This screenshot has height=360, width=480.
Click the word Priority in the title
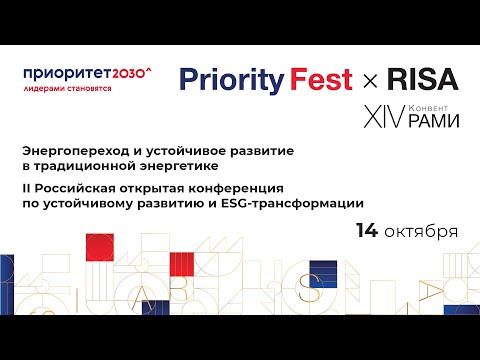pyautogui.click(x=232, y=81)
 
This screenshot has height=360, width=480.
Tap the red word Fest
pyautogui.click(x=321, y=79)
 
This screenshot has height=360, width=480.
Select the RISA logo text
pyautogui.click(x=423, y=79)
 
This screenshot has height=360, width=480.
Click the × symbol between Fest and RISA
pyautogui.click(x=370, y=81)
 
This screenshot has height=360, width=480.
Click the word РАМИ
pyautogui.click(x=434, y=120)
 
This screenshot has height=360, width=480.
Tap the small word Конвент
pyautogui.click(x=428, y=108)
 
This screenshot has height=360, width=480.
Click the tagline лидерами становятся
pyautogui.click(x=67, y=89)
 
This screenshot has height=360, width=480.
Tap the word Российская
pyautogui.click(x=75, y=189)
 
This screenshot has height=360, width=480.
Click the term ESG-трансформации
pyautogui.click(x=292, y=203)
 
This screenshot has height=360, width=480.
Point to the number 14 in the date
pyautogui.click(x=367, y=230)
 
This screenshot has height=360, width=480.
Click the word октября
pyautogui.click(x=421, y=232)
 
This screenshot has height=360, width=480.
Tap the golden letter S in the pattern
pyautogui.click(x=310, y=288)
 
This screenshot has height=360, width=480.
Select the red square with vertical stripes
pyautogui.click(x=182, y=264)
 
